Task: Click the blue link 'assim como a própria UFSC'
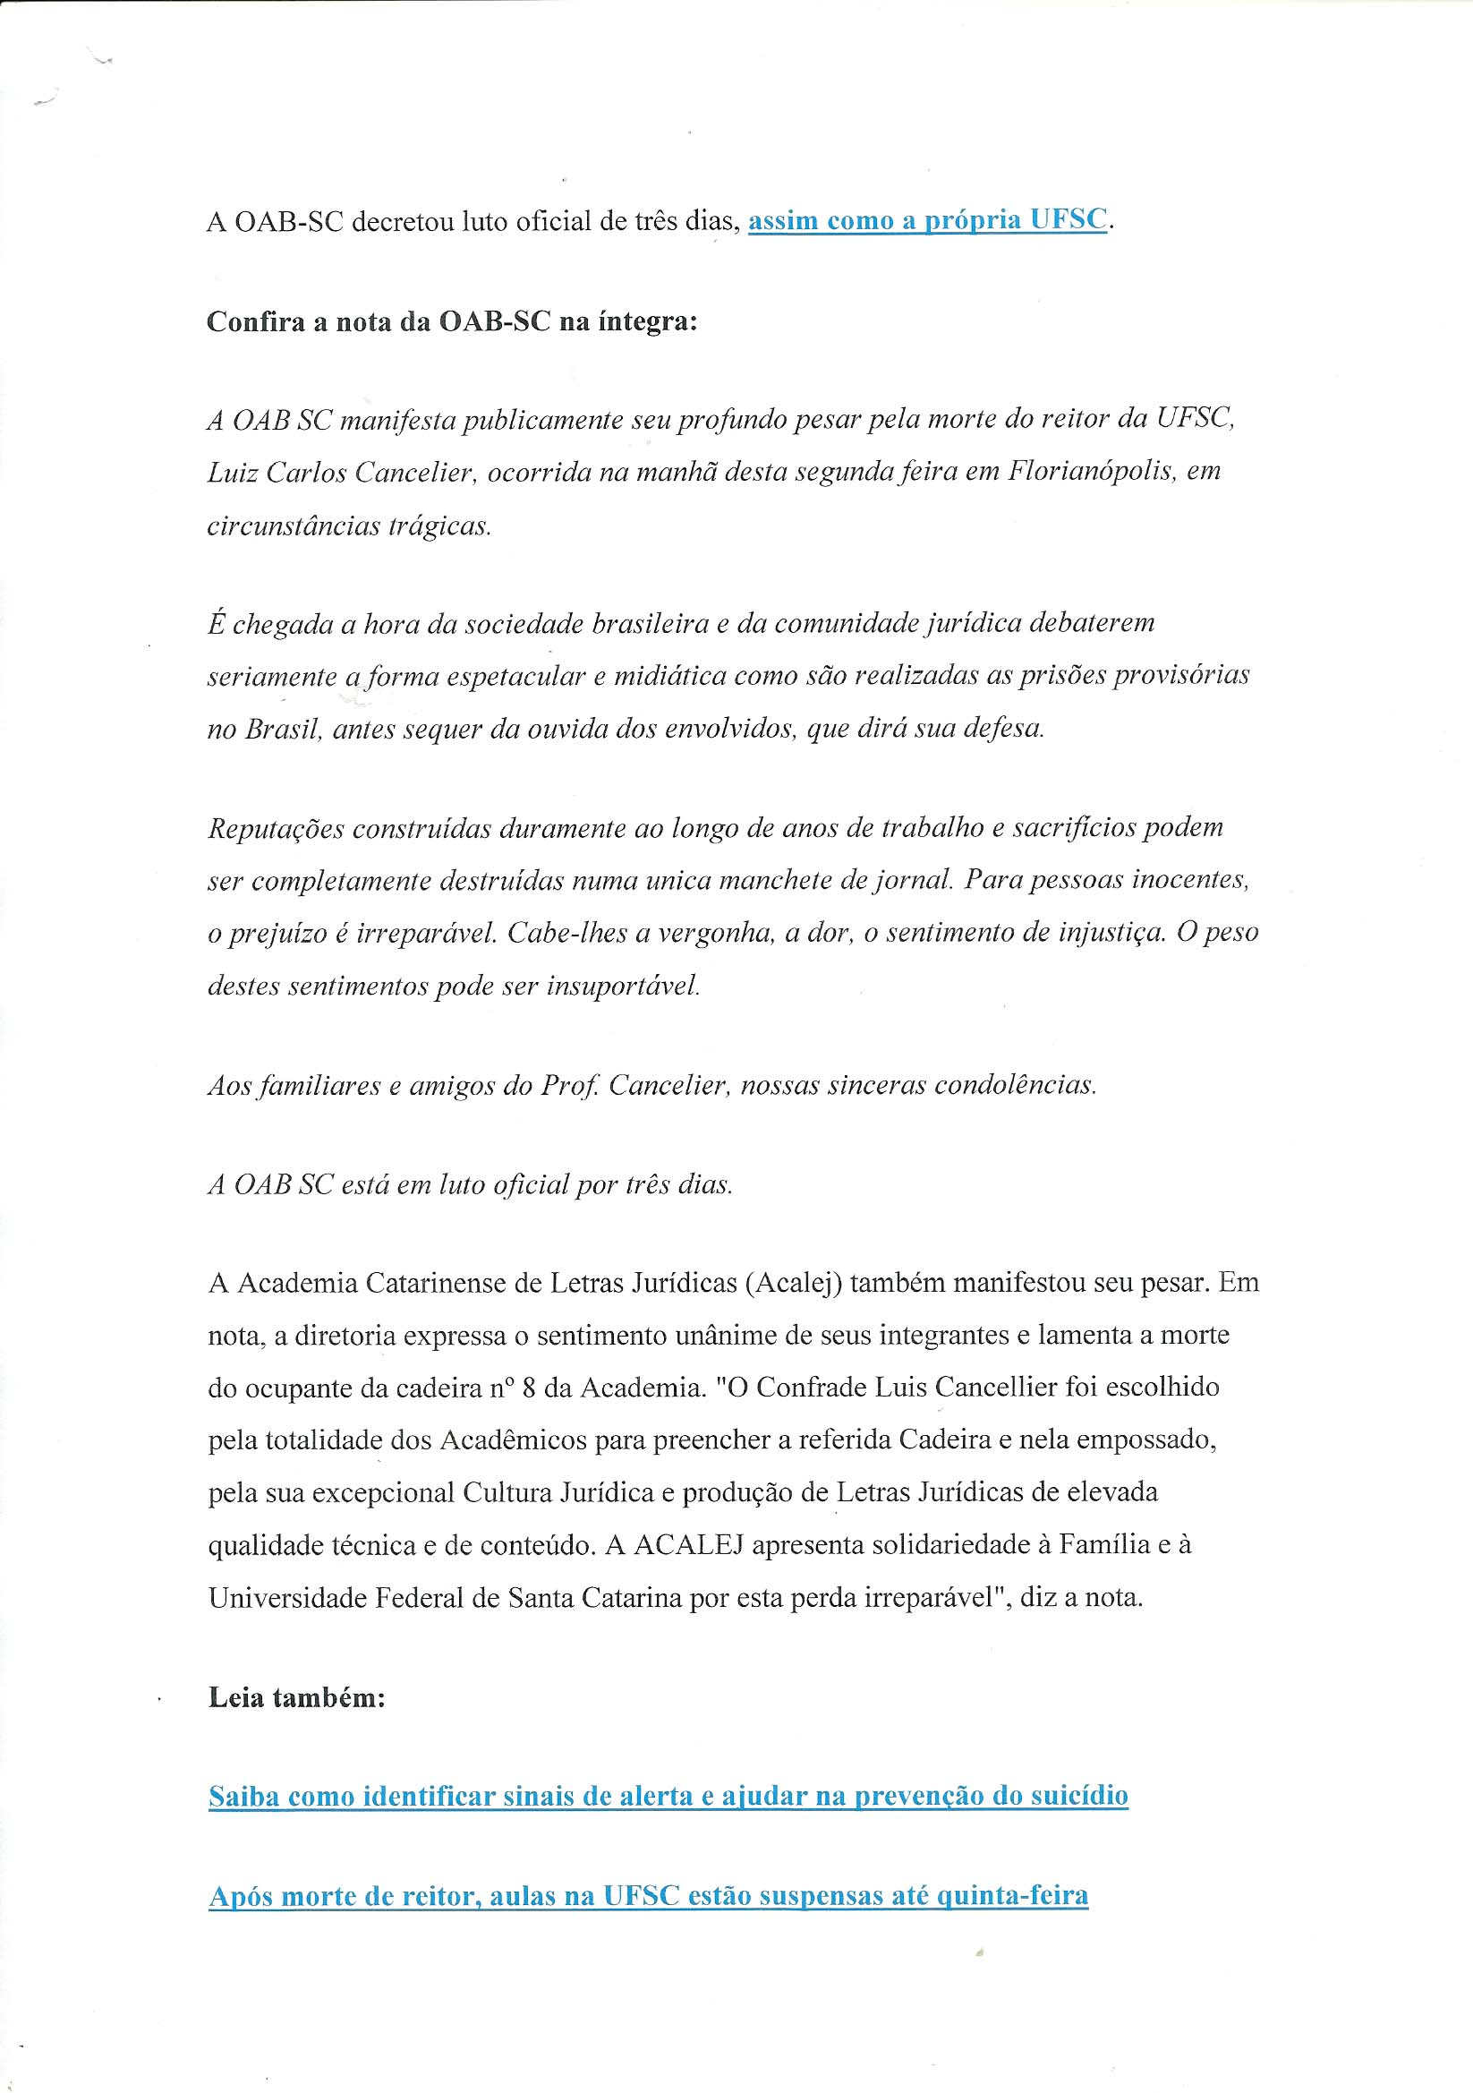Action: click(927, 220)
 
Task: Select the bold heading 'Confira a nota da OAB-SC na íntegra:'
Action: click(452, 321)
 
